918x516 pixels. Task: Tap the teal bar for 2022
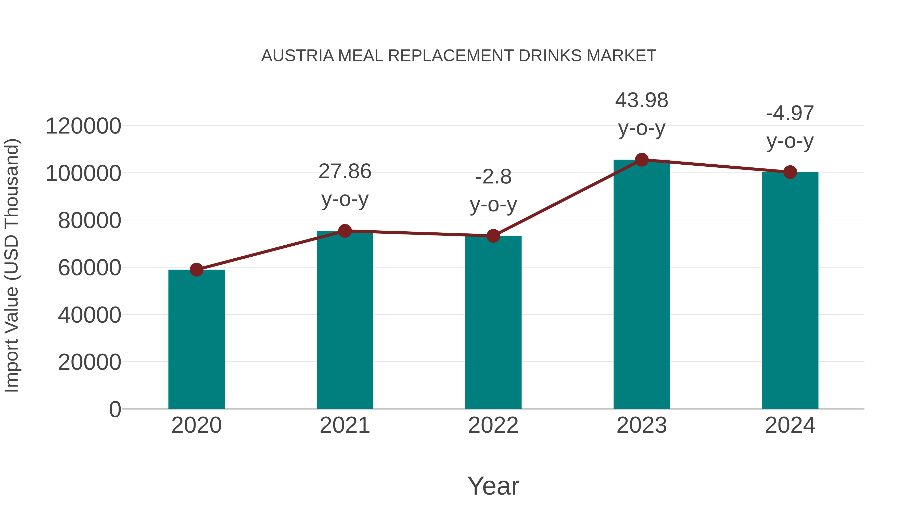click(x=493, y=322)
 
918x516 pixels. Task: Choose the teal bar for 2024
click(x=790, y=290)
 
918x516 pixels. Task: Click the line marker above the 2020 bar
click(x=196, y=270)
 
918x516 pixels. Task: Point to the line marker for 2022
click(x=493, y=236)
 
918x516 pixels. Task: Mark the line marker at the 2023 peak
click(x=642, y=160)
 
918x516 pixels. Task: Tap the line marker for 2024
click(x=790, y=172)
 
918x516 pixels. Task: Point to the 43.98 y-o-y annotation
click(x=642, y=114)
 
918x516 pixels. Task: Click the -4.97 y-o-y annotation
click(x=790, y=127)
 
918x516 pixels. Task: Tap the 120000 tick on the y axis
click(x=83, y=126)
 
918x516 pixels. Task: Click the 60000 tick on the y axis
click(x=90, y=268)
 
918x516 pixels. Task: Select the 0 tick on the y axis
click(x=115, y=409)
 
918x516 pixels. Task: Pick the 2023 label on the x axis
click(x=642, y=425)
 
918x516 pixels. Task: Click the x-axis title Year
click(x=493, y=486)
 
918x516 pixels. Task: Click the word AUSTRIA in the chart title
click(x=297, y=56)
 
